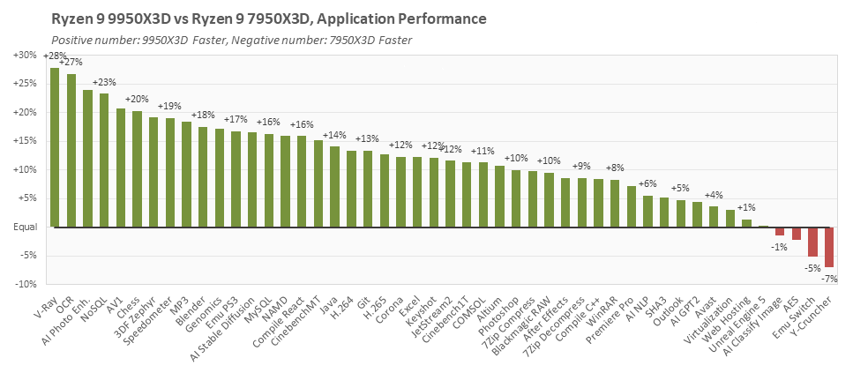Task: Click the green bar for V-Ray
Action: point(55,147)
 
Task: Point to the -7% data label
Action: point(831,279)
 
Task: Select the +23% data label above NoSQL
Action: point(104,82)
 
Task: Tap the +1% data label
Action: point(746,207)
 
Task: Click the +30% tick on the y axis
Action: point(25,55)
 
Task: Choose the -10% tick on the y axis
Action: point(26,285)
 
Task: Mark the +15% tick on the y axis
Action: point(25,141)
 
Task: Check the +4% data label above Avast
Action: point(714,195)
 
